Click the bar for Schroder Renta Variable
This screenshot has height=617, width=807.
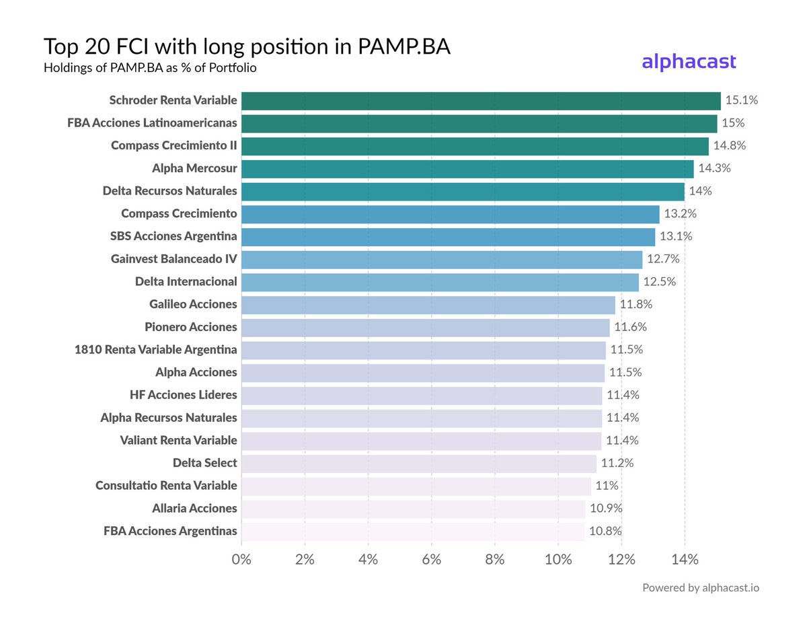coord(480,100)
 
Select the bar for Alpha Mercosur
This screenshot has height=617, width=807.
coord(467,168)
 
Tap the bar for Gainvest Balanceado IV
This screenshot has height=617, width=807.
coord(441,259)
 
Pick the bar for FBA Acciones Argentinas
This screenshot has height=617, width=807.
coord(412,531)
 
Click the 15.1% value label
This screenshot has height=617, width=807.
coord(741,100)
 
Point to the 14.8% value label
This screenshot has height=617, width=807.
coord(730,145)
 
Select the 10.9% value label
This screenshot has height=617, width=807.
coord(606,508)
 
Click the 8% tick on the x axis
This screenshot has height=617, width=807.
coord(495,560)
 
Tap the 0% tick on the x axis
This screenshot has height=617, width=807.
coord(241,560)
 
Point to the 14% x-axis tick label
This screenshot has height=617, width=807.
coord(685,560)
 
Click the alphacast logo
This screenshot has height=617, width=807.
coord(689,62)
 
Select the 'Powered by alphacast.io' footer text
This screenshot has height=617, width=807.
coord(701,587)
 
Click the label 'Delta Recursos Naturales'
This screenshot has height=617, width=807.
coord(169,191)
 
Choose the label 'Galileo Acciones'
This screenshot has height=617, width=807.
coord(193,304)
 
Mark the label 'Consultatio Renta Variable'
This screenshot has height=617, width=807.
coord(166,485)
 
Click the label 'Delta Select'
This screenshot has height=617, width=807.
coord(204,463)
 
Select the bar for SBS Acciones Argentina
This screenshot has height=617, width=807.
coord(448,236)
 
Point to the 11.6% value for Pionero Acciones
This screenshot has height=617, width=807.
coord(631,327)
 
